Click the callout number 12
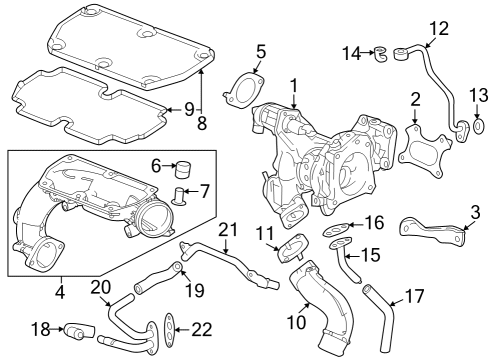439,28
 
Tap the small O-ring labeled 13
478,127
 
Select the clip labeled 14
381,55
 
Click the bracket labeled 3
432,232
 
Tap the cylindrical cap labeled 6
183,170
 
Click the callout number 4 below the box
60,292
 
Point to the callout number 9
189,109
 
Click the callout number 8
202,124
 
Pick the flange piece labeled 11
292,248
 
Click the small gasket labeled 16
336,230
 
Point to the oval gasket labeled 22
169,329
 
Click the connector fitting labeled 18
79,329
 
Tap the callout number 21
229,230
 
